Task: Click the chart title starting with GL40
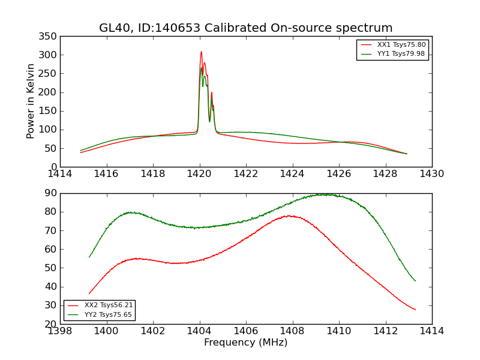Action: click(x=246, y=28)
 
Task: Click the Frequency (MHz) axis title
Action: click(x=246, y=343)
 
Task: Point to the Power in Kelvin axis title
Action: click(x=31, y=101)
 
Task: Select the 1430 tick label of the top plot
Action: click(x=431, y=174)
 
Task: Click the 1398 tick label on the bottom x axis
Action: click(x=60, y=331)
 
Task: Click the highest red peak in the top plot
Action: click(x=201, y=52)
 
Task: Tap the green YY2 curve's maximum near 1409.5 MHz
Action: click(x=324, y=194)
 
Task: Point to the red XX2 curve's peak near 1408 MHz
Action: click(x=289, y=216)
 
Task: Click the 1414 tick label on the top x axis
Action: click(x=60, y=174)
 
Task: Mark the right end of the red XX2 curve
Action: click(x=415, y=310)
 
